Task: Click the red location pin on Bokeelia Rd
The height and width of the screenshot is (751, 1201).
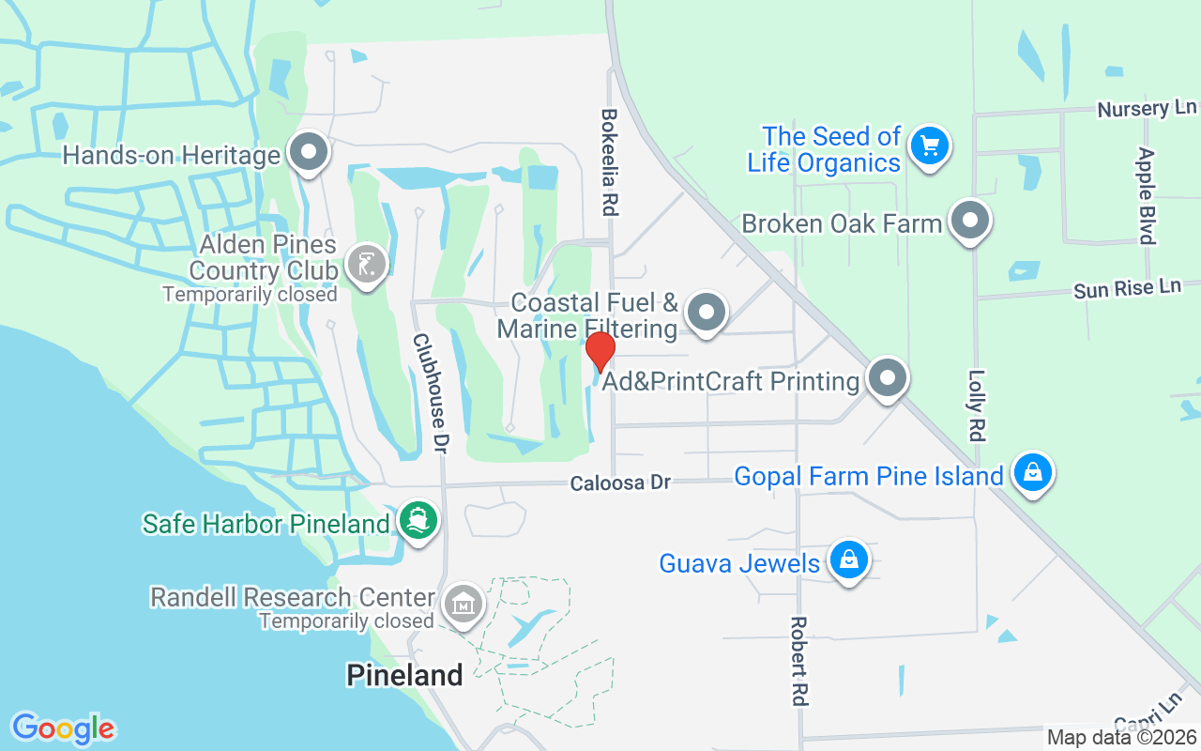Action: point(600,351)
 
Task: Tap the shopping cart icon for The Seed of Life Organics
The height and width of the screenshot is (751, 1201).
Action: point(930,146)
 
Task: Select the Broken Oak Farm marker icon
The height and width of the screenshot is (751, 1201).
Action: point(970,221)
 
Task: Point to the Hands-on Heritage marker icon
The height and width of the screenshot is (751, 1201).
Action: point(307,152)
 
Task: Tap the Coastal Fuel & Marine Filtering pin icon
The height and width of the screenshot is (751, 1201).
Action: point(707,312)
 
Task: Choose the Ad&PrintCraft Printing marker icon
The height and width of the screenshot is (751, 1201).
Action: point(887,377)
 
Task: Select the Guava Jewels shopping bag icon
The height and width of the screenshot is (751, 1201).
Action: point(849,559)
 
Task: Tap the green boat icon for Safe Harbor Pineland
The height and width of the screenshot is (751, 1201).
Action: point(418,518)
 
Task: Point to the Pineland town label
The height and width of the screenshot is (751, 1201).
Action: point(404,675)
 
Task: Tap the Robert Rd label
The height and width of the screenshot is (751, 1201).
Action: point(798,661)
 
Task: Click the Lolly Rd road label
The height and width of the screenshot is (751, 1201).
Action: point(976,405)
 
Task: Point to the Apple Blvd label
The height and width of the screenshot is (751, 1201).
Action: point(1146,195)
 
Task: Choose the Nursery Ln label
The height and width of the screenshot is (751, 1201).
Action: point(1147,109)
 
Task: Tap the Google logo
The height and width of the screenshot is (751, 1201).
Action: point(63,728)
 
